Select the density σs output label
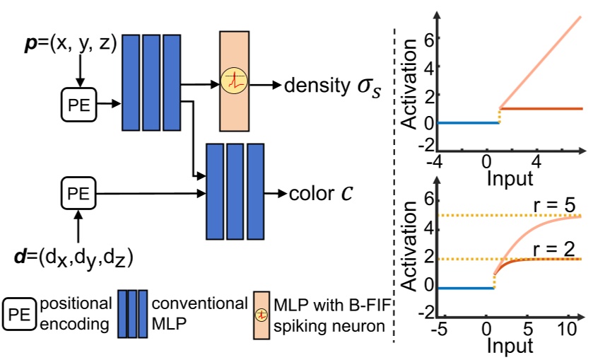tap(328, 86)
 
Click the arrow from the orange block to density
tap(265, 83)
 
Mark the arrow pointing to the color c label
tap(274, 193)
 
